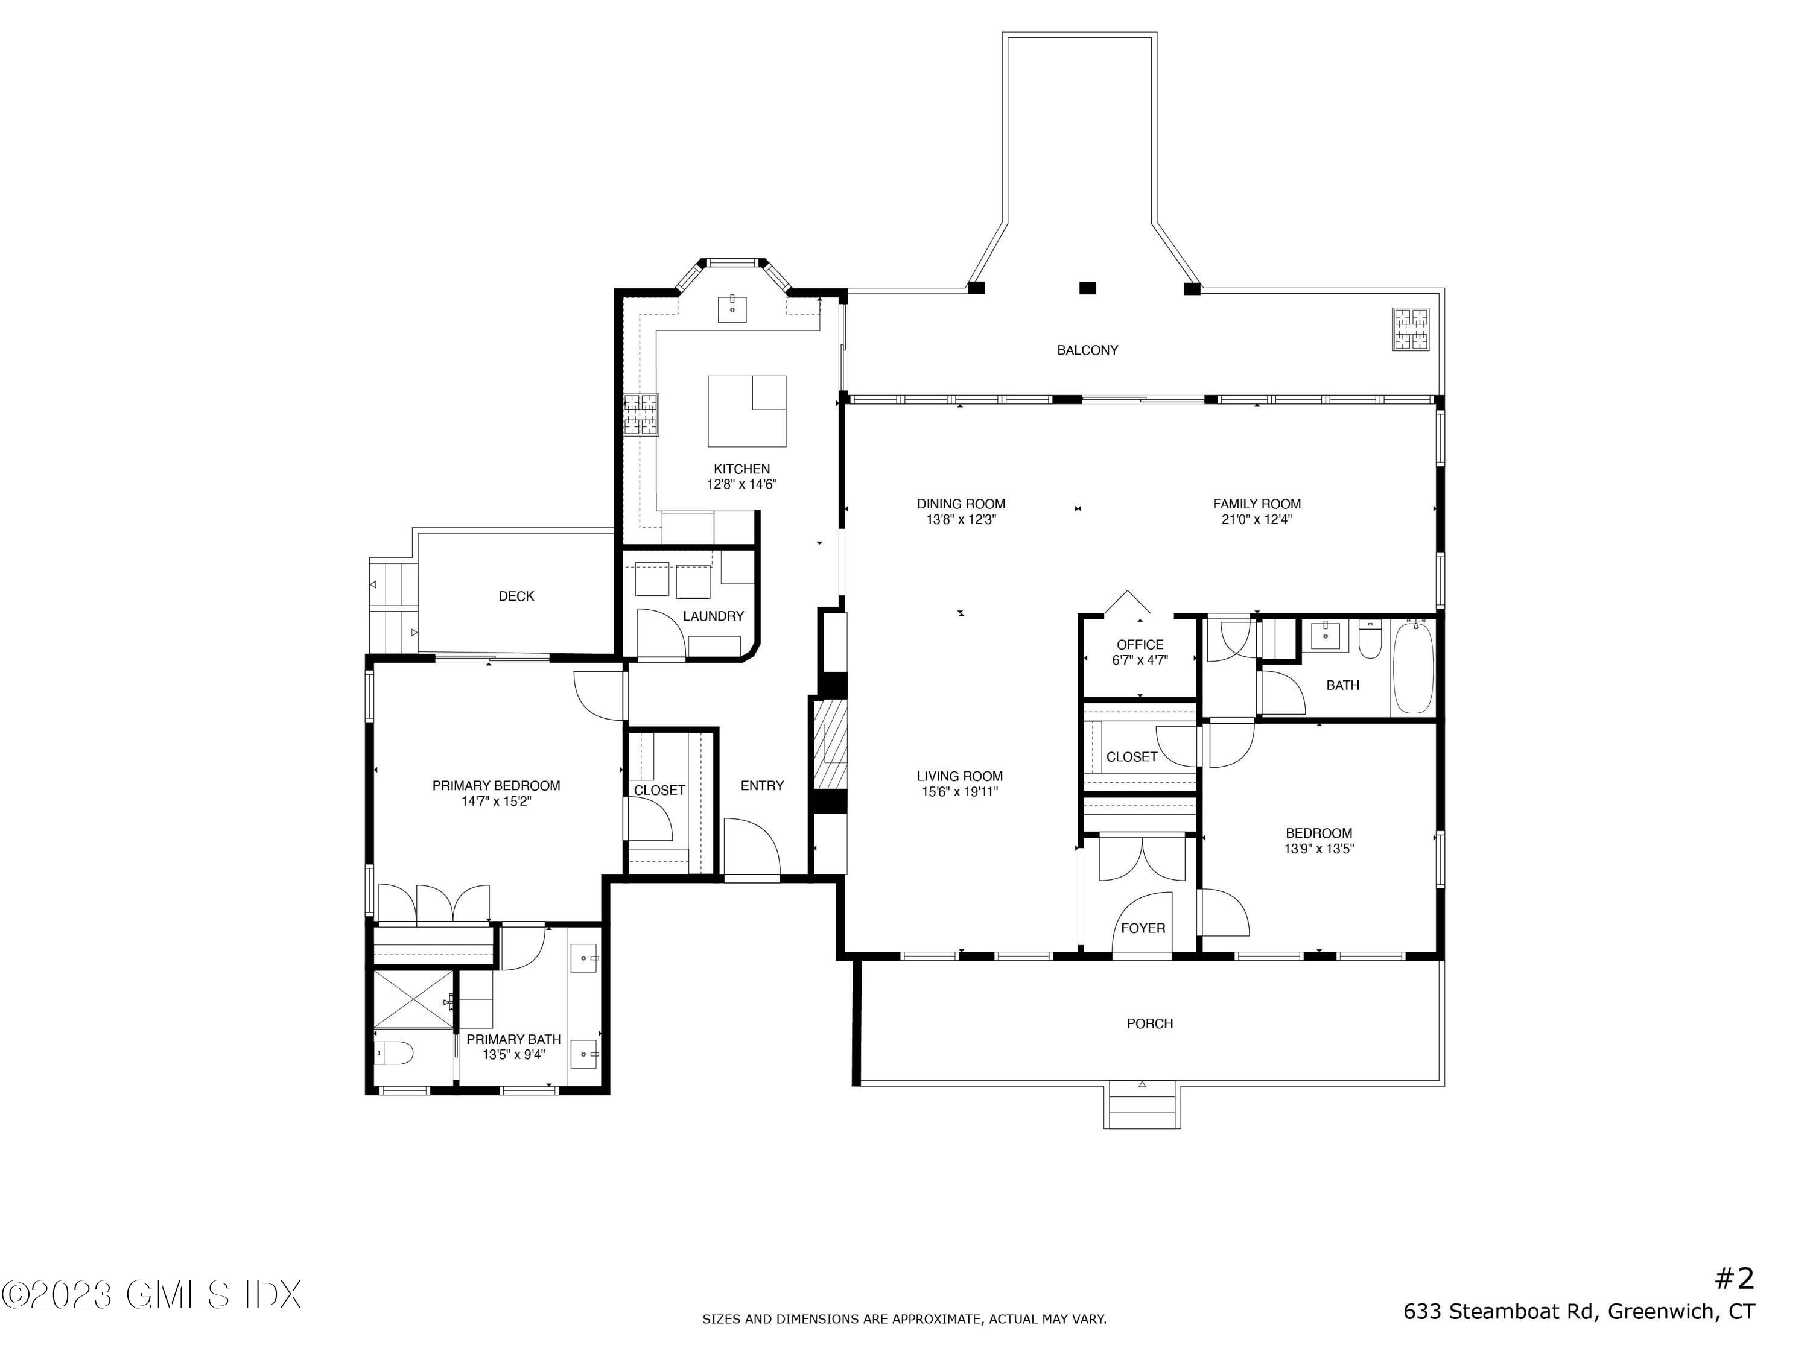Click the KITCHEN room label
(741, 469)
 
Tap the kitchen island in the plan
(746, 411)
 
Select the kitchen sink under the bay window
(732, 309)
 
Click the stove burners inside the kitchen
(641, 415)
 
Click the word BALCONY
(1087, 350)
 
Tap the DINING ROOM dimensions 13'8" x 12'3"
(961, 519)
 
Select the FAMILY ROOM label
(1257, 504)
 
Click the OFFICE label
(1140, 645)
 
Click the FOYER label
(1143, 928)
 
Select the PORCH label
(1150, 1023)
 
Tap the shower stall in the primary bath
(413, 999)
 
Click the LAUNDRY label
(714, 616)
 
